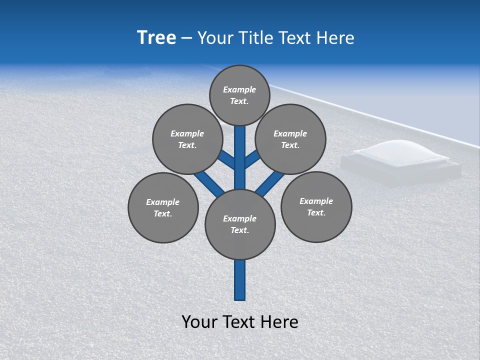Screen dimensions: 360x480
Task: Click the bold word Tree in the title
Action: coord(156,38)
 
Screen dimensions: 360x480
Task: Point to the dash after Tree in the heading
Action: coord(186,38)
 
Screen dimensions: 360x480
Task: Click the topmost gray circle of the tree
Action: coord(239,95)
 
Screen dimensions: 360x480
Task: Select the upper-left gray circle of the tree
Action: coord(187,139)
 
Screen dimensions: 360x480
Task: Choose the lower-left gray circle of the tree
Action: coord(163,207)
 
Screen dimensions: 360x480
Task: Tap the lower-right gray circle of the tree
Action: coord(316,206)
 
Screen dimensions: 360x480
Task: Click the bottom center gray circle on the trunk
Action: coord(240,224)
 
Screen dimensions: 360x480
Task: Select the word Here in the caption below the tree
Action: coord(281,322)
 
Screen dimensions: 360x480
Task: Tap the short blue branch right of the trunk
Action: coord(252,159)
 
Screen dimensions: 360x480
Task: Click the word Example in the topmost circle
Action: coord(239,89)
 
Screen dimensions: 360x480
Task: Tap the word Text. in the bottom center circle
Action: coord(239,230)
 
